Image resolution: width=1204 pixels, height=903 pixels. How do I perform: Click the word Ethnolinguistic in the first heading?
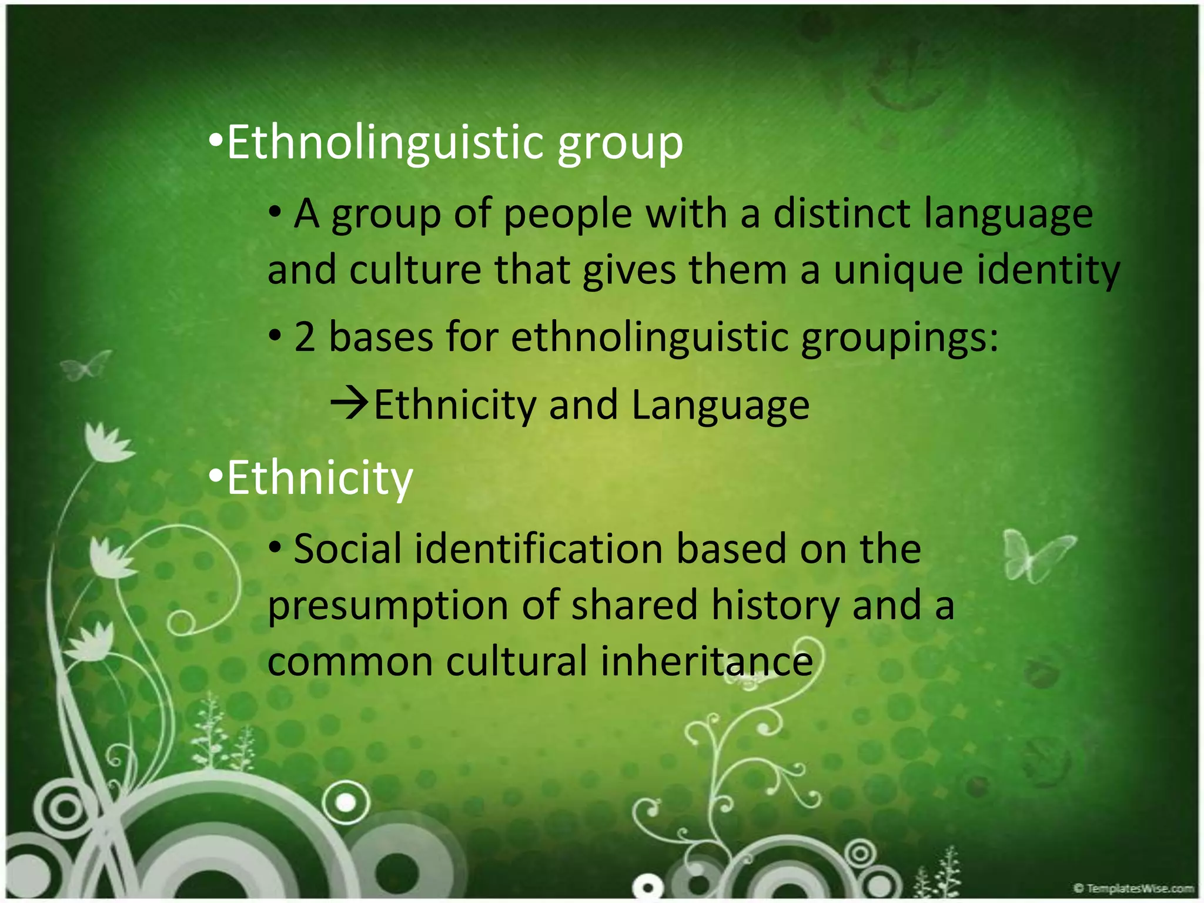click(385, 142)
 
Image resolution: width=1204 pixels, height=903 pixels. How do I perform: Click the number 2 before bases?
click(305, 337)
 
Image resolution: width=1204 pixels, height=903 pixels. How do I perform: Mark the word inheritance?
click(707, 661)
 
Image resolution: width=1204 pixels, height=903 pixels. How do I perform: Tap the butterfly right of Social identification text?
click(1036, 554)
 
